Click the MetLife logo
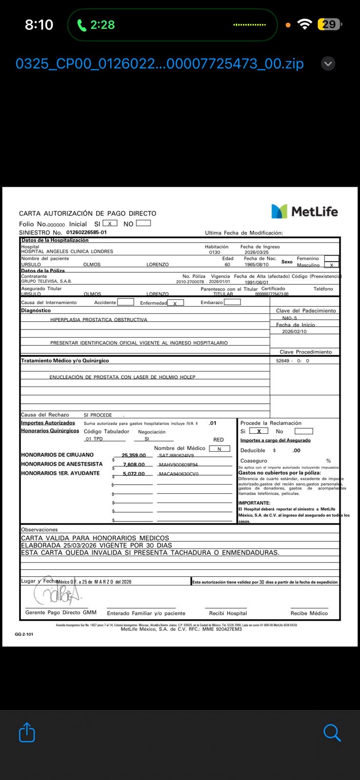pyautogui.click(x=304, y=211)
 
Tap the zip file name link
pyautogui.click(x=160, y=63)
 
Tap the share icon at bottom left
pyautogui.click(x=27, y=733)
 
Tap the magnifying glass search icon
pyautogui.click(x=332, y=733)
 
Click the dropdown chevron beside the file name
pyautogui.click(x=328, y=63)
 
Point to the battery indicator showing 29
pyautogui.click(x=329, y=24)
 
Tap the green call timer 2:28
pyautogui.click(x=97, y=24)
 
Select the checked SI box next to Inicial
pyautogui.click(x=110, y=223)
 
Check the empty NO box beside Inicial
pyautogui.click(x=143, y=223)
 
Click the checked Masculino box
pyautogui.click(x=331, y=265)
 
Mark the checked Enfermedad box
pyautogui.click(x=175, y=303)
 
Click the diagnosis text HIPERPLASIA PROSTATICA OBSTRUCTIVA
pyautogui.click(x=99, y=320)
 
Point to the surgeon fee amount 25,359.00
pyautogui.click(x=134, y=455)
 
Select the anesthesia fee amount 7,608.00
pyautogui.click(x=134, y=465)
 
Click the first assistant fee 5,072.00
pyautogui.click(x=134, y=473)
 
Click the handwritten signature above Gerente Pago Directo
pyautogui.click(x=57, y=593)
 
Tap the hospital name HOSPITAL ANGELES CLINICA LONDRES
pyautogui.click(x=67, y=252)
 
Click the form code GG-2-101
pyautogui.click(x=24, y=634)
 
